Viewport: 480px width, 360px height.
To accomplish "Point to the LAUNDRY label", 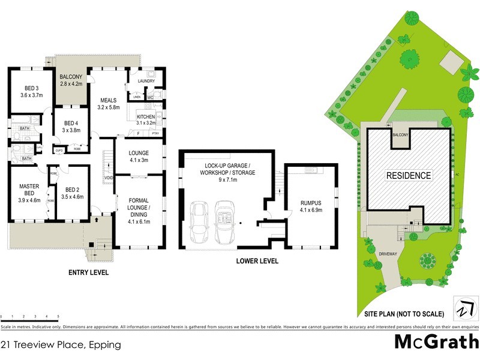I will click(x=146, y=81).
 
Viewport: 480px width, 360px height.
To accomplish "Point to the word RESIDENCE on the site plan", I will click(x=408, y=176).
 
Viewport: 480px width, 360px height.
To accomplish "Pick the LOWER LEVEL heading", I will click(x=258, y=261).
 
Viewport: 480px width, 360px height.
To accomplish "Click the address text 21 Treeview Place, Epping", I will click(x=61, y=344).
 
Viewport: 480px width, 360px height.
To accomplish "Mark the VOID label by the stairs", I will click(x=109, y=178).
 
